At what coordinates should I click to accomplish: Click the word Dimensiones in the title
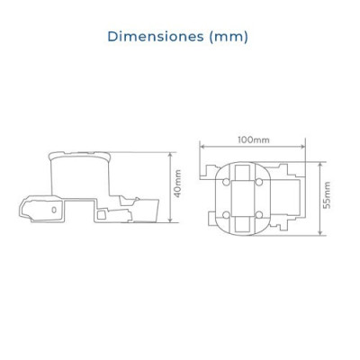156,37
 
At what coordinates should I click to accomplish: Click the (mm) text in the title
229,37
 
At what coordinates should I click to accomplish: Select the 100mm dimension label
254,139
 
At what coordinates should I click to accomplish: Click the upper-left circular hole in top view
227,182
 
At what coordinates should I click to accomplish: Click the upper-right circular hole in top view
260,182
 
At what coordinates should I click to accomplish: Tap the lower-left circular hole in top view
227,215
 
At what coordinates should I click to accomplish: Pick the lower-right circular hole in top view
260,215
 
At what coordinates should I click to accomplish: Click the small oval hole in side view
54,210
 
